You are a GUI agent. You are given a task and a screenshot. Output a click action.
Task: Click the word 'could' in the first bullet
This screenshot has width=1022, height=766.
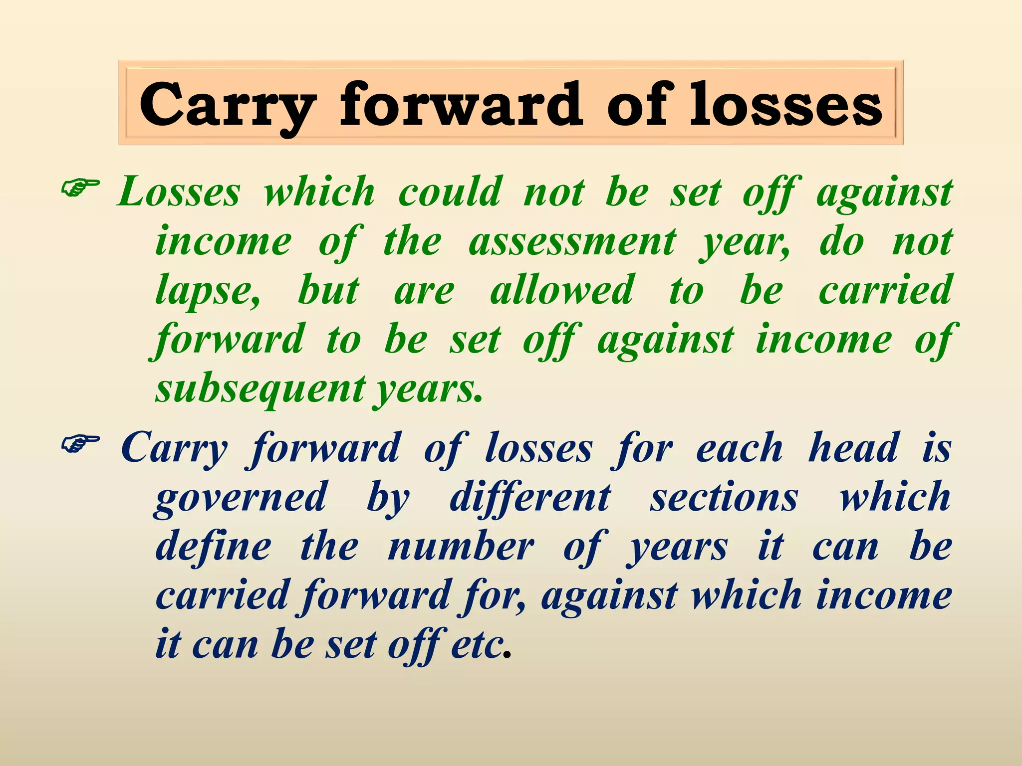[450, 192]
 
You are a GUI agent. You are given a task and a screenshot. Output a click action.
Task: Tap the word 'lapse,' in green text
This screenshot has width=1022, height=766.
[208, 291]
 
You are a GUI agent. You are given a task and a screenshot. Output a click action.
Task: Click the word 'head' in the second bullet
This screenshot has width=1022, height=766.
[854, 447]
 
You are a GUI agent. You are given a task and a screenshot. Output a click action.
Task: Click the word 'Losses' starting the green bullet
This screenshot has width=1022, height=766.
[179, 192]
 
